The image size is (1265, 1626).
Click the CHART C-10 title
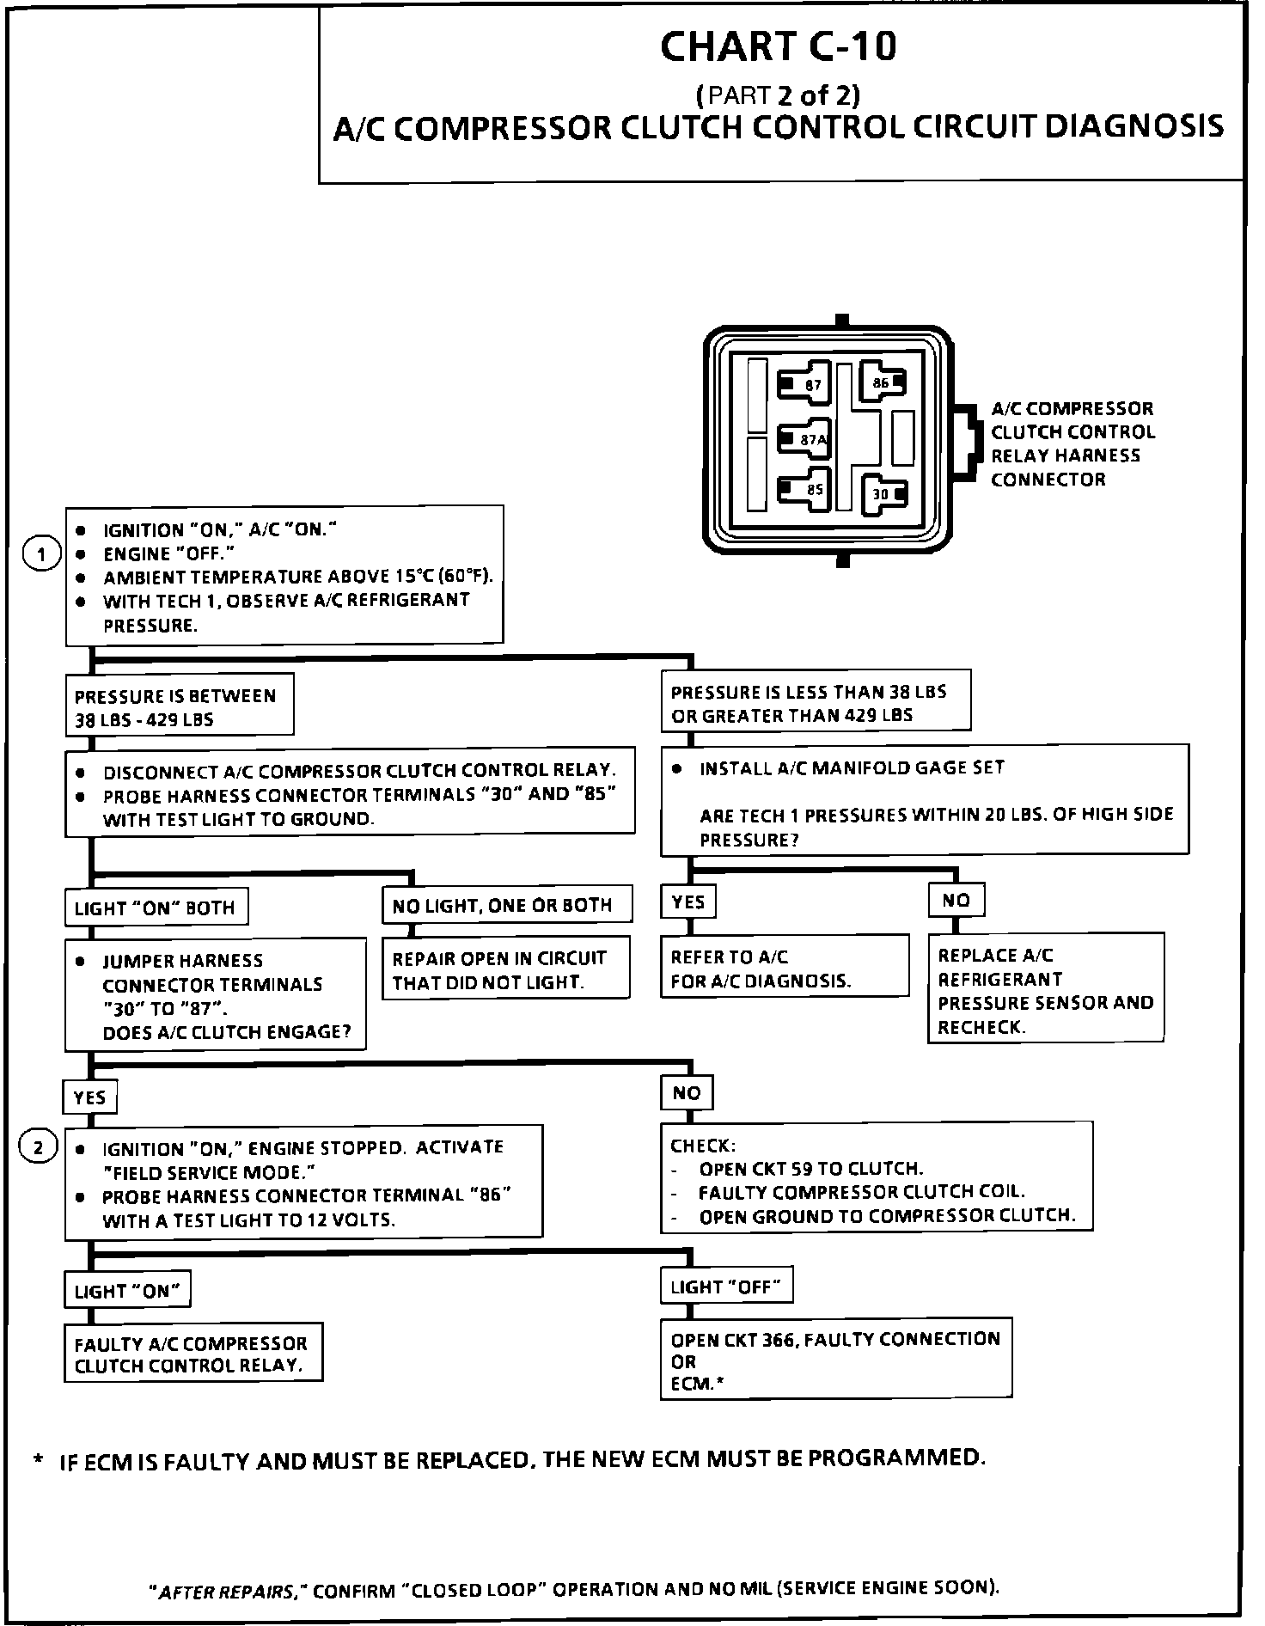tap(778, 46)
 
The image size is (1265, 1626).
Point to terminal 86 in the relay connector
tap(883, 382)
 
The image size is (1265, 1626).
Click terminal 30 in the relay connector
tap(885, 493)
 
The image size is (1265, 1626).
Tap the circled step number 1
tap(40, 554)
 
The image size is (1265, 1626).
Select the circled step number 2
tap(40, 1146)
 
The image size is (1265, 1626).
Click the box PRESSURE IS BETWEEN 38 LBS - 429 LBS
tap(179, 706)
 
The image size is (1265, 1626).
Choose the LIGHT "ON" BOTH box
tap(156, 908)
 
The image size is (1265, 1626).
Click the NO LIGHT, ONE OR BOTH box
tap(506, 905)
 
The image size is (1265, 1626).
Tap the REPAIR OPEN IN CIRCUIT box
tap(505, 969)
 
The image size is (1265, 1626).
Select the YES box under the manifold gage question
tap(688, 902)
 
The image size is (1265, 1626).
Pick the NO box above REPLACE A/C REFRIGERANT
tap(956, 900)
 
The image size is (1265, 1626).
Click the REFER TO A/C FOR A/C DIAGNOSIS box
tap(784, 968)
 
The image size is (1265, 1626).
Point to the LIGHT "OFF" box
tap(726, 1287)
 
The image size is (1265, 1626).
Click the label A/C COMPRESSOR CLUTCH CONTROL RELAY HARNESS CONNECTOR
tap(1072, 443)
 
